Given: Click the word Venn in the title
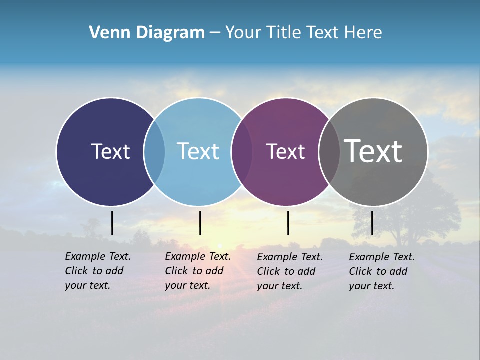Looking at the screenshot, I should [106, 33].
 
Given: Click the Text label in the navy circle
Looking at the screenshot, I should [110, 151].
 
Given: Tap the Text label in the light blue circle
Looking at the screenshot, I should [198, 151].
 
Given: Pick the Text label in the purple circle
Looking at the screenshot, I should [285, 152].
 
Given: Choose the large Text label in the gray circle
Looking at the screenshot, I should [373, 151].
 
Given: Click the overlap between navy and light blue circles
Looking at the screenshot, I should [154, 152].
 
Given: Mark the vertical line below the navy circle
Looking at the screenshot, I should [112, 223].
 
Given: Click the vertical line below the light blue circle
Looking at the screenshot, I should [200, 223].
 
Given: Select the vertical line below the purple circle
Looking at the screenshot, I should [288, 223].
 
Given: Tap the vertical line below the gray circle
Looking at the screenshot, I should [372, 223].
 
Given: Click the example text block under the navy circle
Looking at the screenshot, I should [97, 271].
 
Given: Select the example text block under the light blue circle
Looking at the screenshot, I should [197, 271].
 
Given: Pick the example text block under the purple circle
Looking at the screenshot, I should [289, 271].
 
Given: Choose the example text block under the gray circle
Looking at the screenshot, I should [381, 271].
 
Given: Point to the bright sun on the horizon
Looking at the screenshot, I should [220, 246].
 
